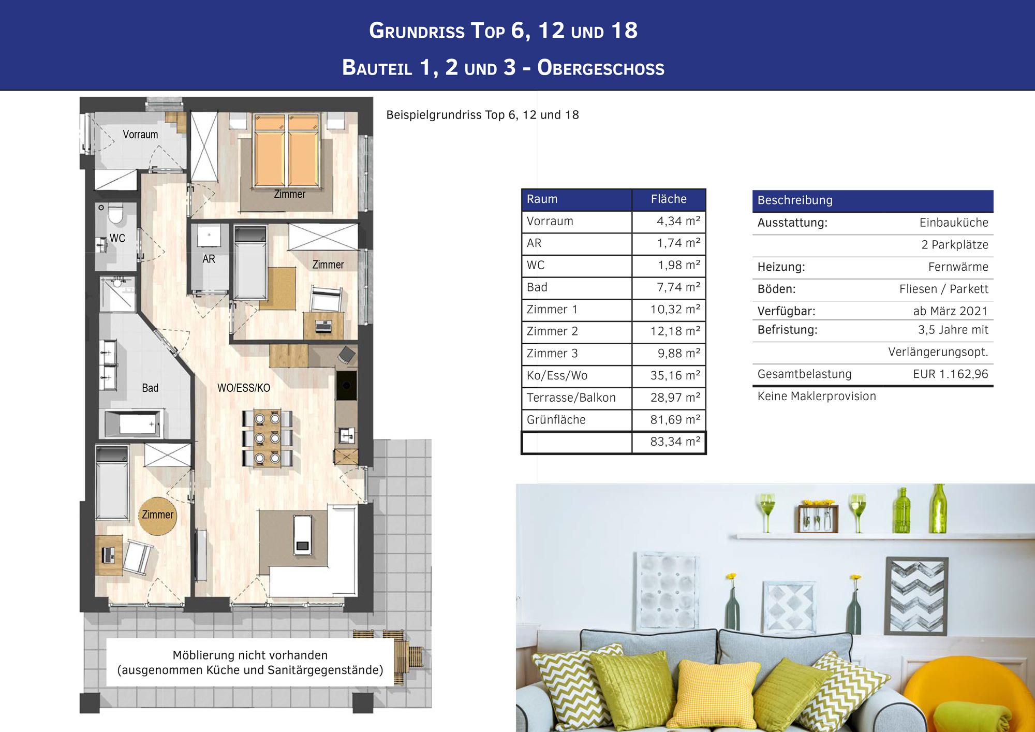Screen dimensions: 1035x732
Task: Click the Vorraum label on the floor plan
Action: [x=140, y=135]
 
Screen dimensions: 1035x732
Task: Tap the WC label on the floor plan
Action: [x=117, y=238]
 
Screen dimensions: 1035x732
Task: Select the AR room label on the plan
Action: [x=209, y=259]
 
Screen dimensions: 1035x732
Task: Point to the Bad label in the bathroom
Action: [x=150, y=388]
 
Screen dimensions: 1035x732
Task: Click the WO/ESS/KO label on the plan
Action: [x=244, y=388]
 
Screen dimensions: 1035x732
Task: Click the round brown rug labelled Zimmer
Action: [x=157, y=516]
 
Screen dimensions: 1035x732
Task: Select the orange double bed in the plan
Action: [x=287, y=151]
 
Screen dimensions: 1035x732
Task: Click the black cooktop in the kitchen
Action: [x=346, y=386]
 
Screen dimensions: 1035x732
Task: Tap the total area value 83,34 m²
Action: [x=675, y=442]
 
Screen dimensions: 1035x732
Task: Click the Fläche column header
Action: [x=669, y=199]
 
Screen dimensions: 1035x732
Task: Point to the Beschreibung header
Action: [x=795, y=200]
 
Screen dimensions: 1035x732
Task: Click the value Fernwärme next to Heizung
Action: [x=958, y=267]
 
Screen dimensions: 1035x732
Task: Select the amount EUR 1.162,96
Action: [x=951, y=374]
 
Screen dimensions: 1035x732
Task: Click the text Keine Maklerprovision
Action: [x=817, y=397]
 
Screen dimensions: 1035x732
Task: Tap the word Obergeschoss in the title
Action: [x=601, y=68]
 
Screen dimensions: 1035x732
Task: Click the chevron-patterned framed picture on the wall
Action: [x=916, y=596]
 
